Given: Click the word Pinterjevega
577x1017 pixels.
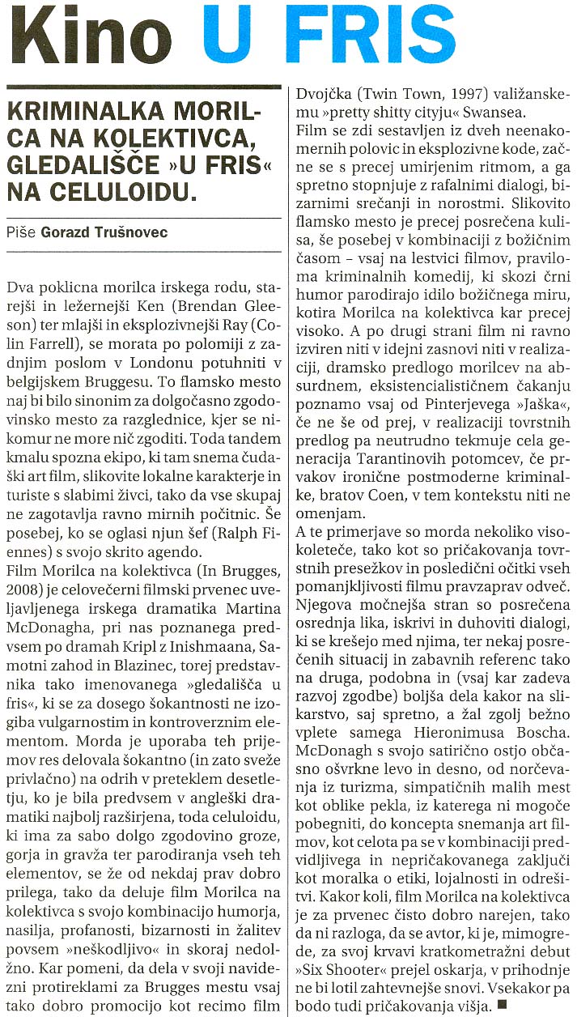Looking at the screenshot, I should (x=419, y=425).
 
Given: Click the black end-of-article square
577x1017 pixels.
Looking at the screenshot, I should (x=503, y=1006).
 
